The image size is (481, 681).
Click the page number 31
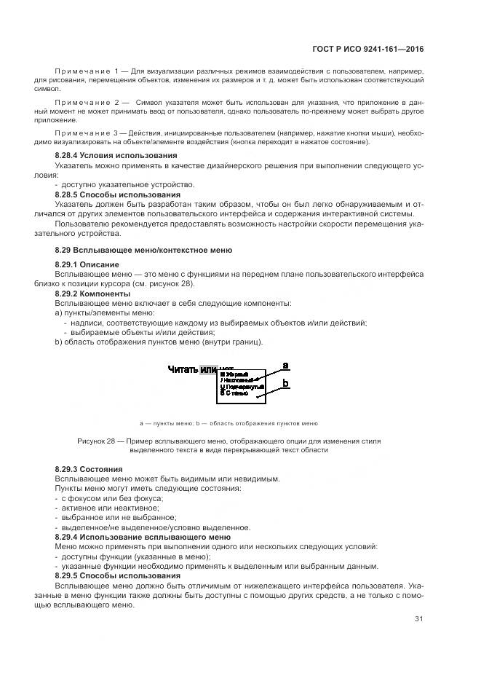point(418,619)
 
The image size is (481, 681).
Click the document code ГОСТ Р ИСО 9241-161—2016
point(373,50)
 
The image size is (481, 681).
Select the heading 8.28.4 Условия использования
point(116,156)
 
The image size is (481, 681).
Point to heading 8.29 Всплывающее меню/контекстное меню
point(143,251)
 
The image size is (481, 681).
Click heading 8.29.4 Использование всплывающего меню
point(143,537)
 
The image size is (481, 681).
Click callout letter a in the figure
point(286,365)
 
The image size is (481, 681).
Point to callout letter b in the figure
point(286,382)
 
